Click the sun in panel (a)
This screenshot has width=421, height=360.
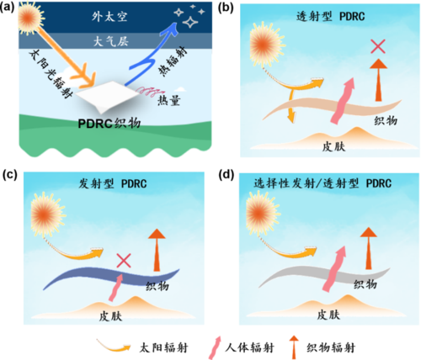pyautogui.click(x=29, y=18)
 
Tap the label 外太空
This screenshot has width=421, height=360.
pyautogui.click(x=109, y=17)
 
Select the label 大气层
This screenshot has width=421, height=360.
pyautogui.click(x=111, y=41)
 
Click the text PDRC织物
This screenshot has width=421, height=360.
pyautogui.click(x=109, y=124)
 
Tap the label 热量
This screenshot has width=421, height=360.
pyautogui.click(x=168, y=100)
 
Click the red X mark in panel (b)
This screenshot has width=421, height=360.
pyautogui.click(x=378, y=46)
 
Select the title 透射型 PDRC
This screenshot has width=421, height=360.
pyautogui.click(x=331, y=16)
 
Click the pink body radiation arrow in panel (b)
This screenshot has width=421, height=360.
pyautogui.click(x=342, y=101)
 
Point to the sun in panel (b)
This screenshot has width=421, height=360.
pyautogui.click(x=266, y=45)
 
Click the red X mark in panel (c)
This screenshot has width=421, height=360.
pyautogui.click(x=124, y=261)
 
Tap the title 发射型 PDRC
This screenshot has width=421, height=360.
pyautogui.click(x=113, y=183)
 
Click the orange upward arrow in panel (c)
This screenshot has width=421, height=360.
pyautogui.click(x=157, y=250)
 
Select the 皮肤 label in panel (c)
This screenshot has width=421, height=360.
pyautogui.click(x=110, y=316)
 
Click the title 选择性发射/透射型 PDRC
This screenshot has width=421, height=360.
pyautogui.click(x=322, y=183)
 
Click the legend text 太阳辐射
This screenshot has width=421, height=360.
pyautogui.click(x=163, y=348)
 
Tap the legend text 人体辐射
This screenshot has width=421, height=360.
pyautogui.click(x=249, y=348)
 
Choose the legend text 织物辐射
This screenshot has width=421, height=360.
pyautogui.click(x=331, y=348)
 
